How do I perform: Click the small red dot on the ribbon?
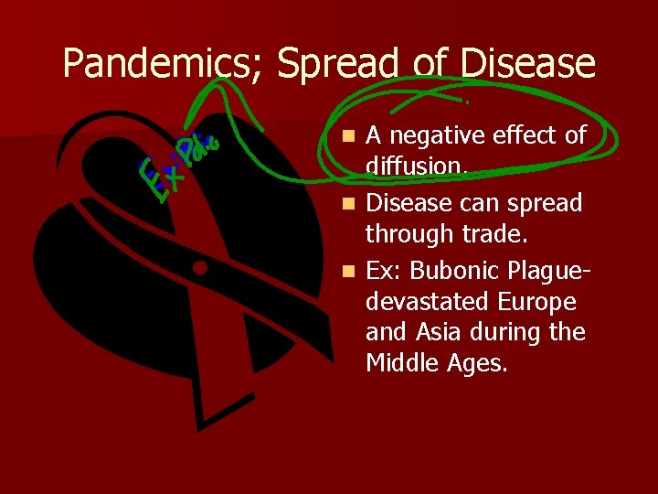pos(199,268)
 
